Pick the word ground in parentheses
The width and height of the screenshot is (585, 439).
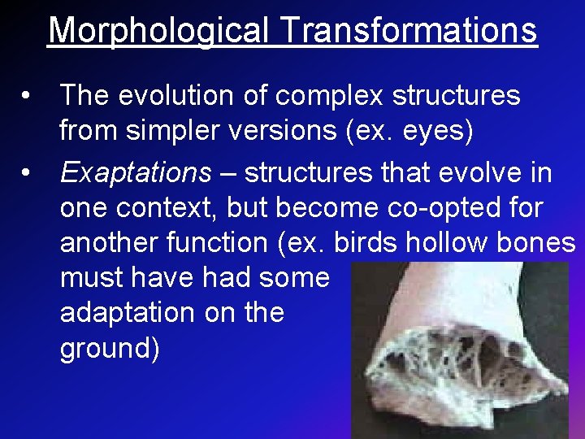106,348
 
